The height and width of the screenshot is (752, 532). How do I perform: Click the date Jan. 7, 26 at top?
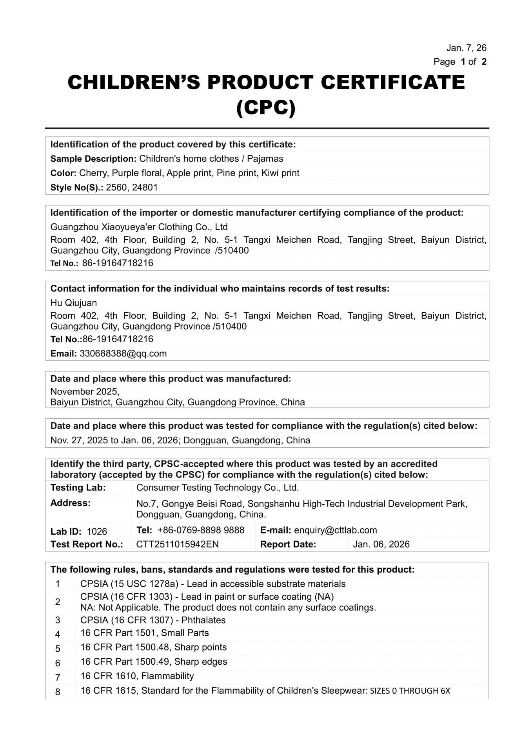pyautogui.click(x=466, y=48)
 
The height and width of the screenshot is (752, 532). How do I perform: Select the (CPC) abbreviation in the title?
pyautogui.click(x=266, y=108)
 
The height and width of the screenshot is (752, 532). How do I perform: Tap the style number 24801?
pyautogui.click(x=145, y=188)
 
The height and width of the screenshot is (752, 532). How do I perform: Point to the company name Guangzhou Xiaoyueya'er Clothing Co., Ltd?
pyautogui.click(x=139, y=227)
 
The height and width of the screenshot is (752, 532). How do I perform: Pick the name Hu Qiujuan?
pyautogui.click(x=74, y=303)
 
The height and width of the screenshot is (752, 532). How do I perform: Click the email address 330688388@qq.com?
pyautogui.click(x=123, y=354)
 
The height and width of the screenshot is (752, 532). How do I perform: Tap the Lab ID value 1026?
pyautogui.click(x=97, y=531)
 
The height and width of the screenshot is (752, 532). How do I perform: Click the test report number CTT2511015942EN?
pyautogui.click(x=177, y=544)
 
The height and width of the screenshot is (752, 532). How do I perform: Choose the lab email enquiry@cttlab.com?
pyautogui.click(x=335, y=530)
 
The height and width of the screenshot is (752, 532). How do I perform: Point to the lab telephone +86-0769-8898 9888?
pyautogui.click(x=201, y=530)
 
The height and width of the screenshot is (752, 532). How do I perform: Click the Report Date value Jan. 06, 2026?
pyautogui.click(x=381, y=544)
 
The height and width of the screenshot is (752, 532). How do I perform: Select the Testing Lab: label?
pyautogui.click(x=78, y=488)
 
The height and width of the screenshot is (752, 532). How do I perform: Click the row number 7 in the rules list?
pyautogui.click(x=58, y=678)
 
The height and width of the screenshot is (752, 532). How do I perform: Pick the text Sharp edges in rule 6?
pyautogui.click(x=201, y=662)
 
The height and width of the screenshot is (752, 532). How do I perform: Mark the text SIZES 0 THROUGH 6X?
pyautogui.click(x=410, y=691)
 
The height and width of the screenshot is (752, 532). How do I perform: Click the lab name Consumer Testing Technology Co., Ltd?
pyautogui.click(x=218, y=488)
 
